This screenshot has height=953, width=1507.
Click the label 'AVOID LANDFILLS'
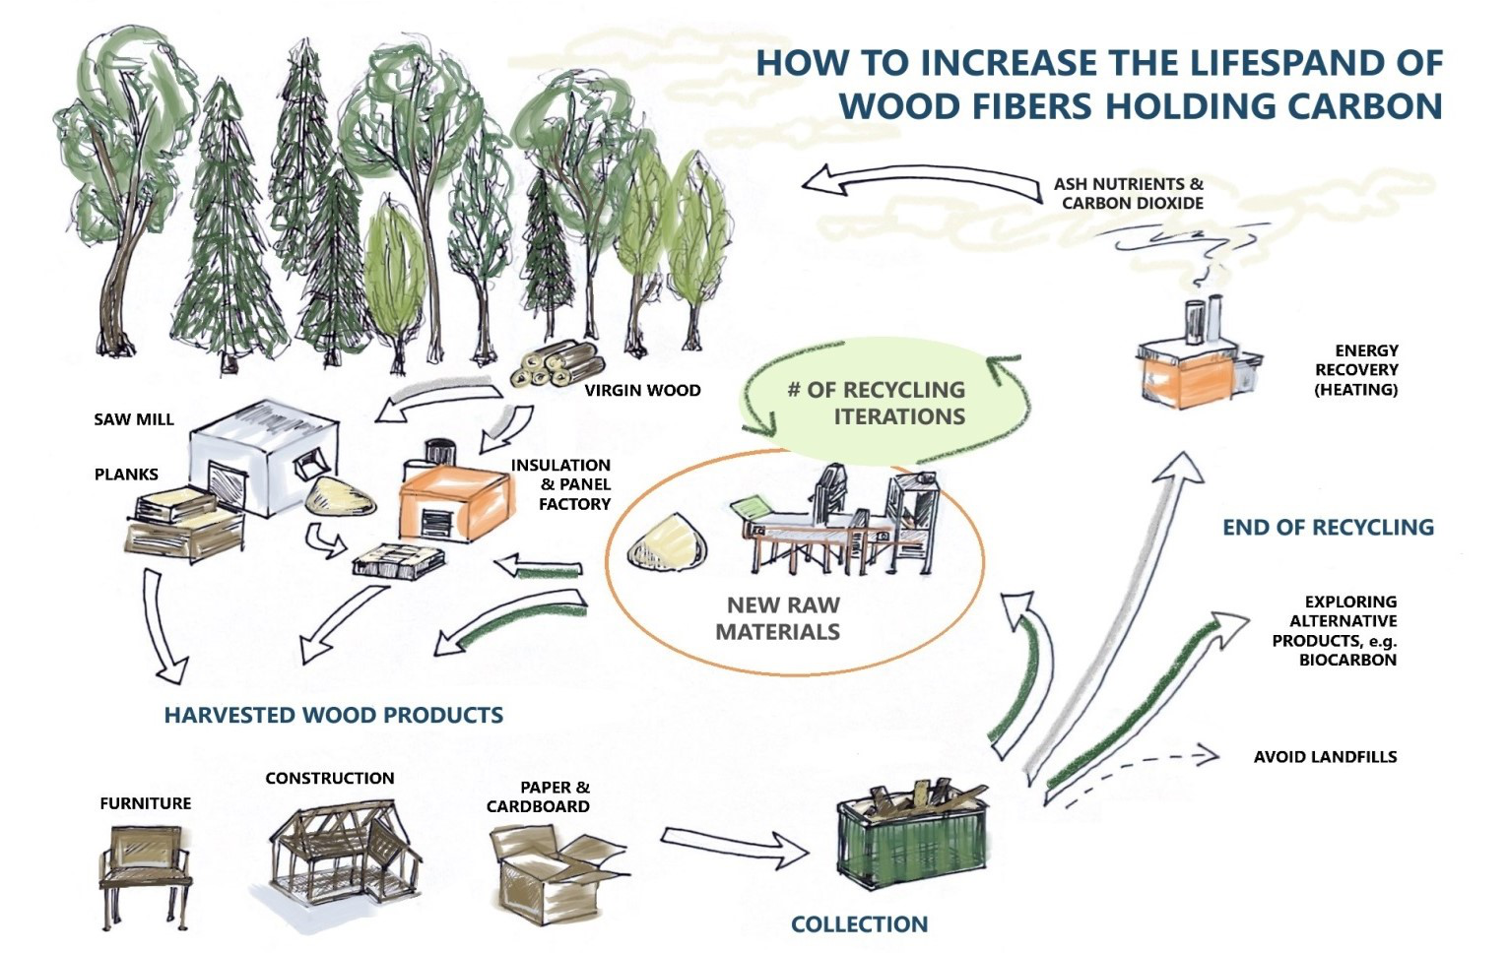[x=1325, y=757]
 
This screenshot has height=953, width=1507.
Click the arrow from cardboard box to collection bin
[x=734, y=846]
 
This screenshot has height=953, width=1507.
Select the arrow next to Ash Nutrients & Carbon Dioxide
[x=921, y=182]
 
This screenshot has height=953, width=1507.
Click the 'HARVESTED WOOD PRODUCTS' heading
[x=333, y=716]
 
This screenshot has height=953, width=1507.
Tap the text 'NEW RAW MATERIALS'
[x=780, y=618]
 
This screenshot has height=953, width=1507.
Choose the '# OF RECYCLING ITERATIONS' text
[x=876, y=403]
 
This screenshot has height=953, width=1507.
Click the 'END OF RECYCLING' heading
[x=1328, y=528]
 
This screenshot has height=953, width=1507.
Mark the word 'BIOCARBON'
[x=1346, y=661]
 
